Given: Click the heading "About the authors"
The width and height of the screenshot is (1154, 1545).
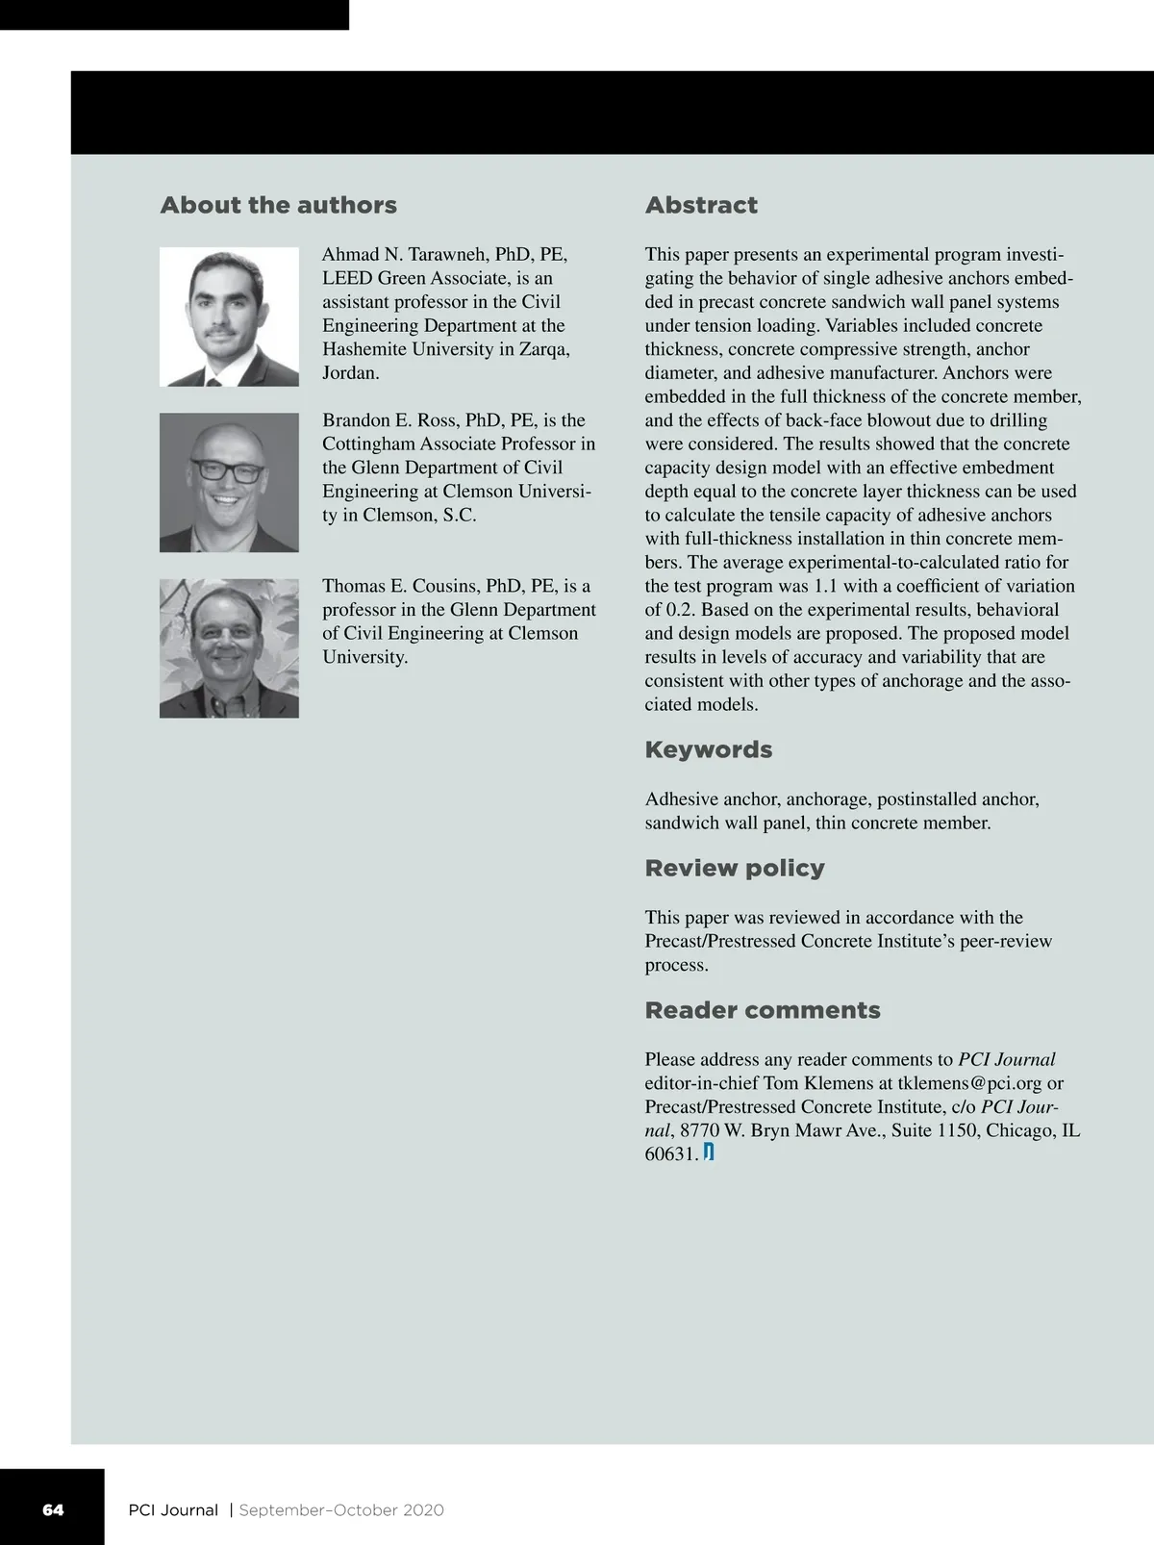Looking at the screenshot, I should pos(278,205).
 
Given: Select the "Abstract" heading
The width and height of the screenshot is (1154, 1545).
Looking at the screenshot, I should pos(701,205).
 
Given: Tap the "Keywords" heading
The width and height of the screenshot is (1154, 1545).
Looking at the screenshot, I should pos(708,749).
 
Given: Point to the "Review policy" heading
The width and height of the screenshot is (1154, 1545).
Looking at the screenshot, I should pos(735,868).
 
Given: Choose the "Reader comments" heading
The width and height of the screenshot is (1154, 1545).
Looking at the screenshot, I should pos(762,1010).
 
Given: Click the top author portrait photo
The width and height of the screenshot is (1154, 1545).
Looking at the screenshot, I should pos(229,317).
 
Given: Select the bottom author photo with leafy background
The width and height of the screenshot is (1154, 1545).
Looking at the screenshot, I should pos(229,647).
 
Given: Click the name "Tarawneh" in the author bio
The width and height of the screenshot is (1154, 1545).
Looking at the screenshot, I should pos(447,255).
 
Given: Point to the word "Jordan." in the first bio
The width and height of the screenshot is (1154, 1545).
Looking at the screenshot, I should pos(350,373).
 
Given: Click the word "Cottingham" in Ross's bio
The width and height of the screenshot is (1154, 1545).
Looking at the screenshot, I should pos(370,444).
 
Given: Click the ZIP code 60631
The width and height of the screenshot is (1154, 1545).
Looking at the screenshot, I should pos(670,1154).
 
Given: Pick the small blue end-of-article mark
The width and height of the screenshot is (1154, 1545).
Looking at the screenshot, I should pos(709,1152).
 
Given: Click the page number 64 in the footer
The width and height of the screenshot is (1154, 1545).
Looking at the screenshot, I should pos(53,1509).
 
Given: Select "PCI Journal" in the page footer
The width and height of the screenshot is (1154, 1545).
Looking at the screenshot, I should pos(173,1510).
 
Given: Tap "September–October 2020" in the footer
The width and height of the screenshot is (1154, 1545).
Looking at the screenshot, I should pos(341,1510).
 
